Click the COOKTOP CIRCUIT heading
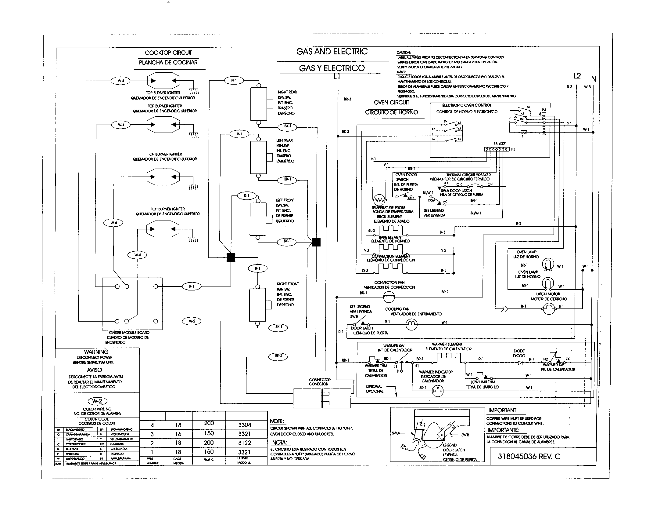[x=168, y=53]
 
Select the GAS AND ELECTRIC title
[x=332, y=51]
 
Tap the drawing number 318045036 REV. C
[x=529, y=457]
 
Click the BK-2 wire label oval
[x=279, y=356]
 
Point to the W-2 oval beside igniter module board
[x=192, y=321]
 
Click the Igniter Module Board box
[x=132, y=304]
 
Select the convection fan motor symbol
[x=389, y=297]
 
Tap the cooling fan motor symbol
[x=411, y=324]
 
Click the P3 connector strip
[x=496, y=149]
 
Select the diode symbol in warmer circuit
[x=520, y=363]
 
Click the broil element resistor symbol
[x=390, y=230]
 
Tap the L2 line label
[x=577, y=76]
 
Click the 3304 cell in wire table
[x=245, y=425]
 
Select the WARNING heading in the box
[x=96, y=352]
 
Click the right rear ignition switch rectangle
[x=258, y=104]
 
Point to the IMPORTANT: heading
[x=503, y=410]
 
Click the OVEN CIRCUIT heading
[x=391, y=102]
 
